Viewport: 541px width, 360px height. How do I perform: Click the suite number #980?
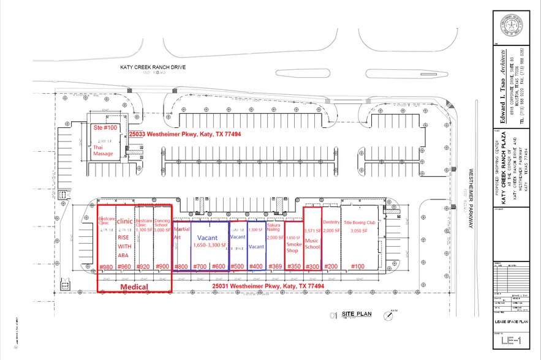(106, 267)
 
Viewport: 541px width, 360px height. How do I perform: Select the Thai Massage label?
(104, 149)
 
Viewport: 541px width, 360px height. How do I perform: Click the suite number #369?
(276, 267)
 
